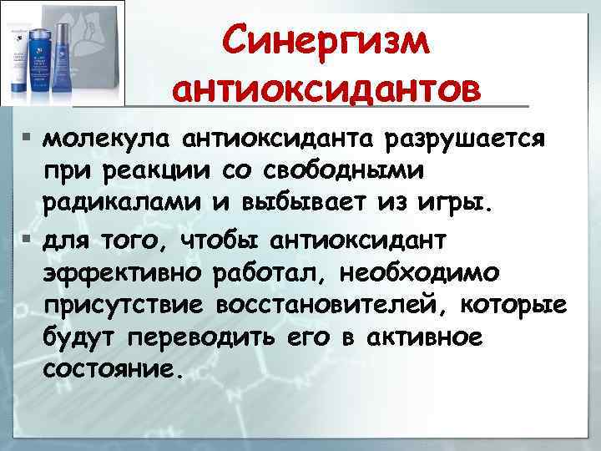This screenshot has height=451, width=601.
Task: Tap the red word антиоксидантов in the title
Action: pos(328,88)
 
